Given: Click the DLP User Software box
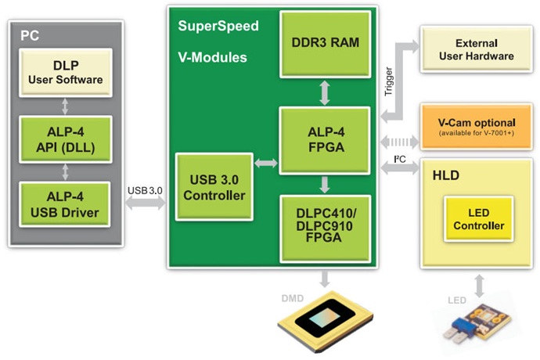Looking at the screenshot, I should [x=67, y=71].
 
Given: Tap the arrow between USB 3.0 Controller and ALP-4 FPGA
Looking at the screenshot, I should [x=266, y=164].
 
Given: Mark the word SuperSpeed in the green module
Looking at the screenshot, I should [x=218, y=26].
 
